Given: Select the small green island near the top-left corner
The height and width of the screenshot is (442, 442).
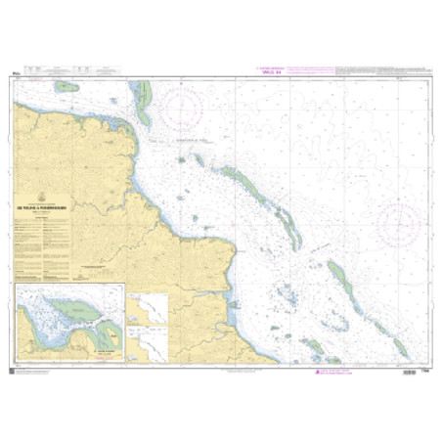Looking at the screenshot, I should click(67, 86).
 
